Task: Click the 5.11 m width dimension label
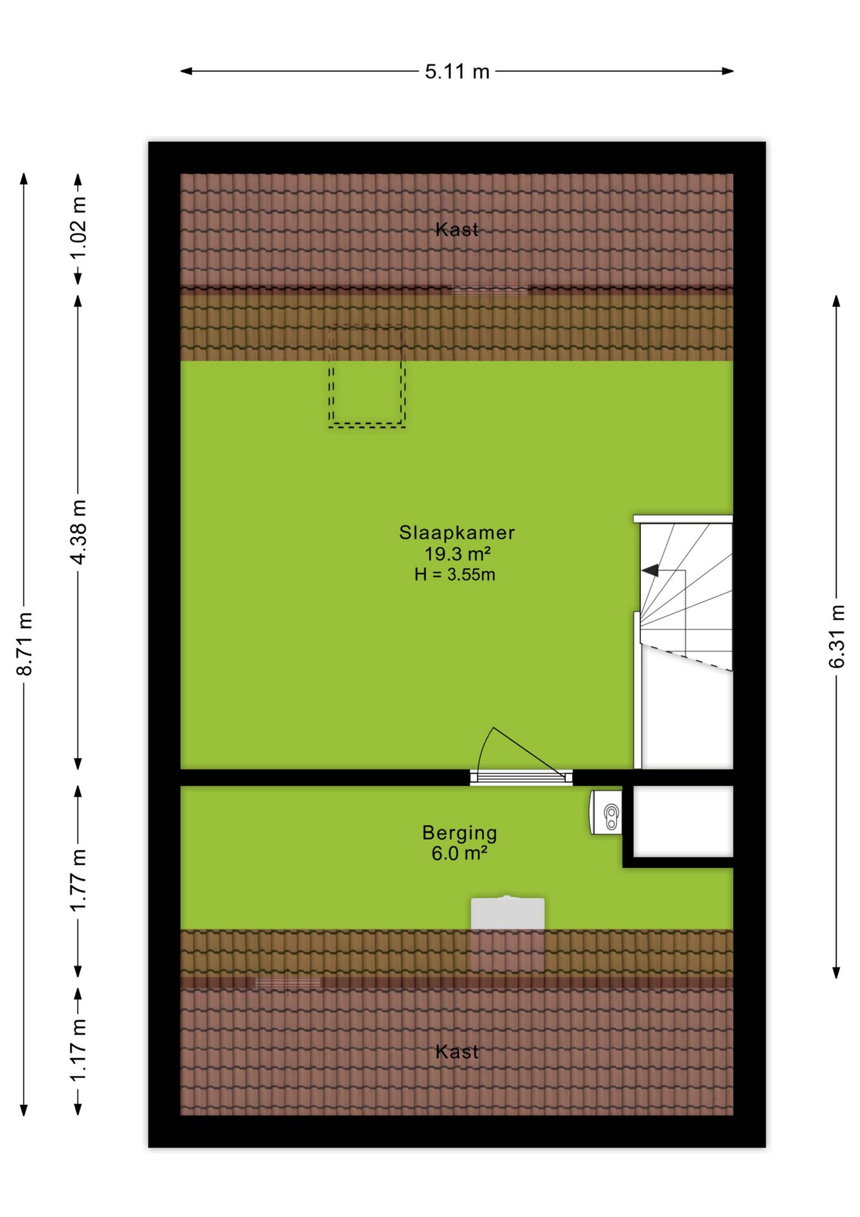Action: point(457,72)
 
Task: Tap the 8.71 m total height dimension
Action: point(25,643)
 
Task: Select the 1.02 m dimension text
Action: point(78,228)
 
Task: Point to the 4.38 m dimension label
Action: point(78,531)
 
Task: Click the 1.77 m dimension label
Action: point(78,880)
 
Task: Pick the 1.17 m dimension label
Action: point(78,1050)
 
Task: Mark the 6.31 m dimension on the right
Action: point(837,636)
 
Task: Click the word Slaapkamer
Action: point(457,532)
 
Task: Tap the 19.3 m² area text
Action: point(457,554)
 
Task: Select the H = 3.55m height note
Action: point(455,575)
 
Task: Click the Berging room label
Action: point(460,834)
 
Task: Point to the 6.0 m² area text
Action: point(459,854)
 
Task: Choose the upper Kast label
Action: point(457,229)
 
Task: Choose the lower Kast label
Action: point(457,1052)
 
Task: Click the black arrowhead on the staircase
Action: point(650,570)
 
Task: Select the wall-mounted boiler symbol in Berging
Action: point(606,812)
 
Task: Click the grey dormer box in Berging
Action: point(507,913)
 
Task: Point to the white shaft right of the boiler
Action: point(683,821)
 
